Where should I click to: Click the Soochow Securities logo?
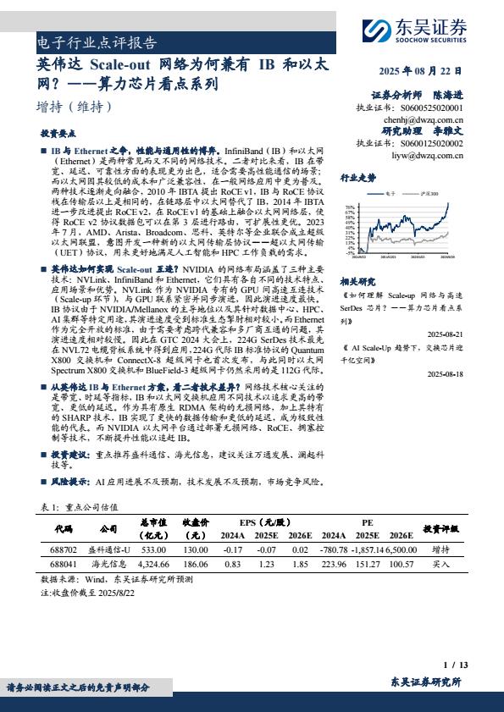point(416,32)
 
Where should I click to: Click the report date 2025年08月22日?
point(421,70)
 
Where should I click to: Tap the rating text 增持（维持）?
point(75,107)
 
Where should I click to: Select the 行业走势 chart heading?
point(357,178)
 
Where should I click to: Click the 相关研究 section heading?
point(357,280)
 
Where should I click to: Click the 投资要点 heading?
point(58,134)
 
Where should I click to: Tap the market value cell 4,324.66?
point(153,562)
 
